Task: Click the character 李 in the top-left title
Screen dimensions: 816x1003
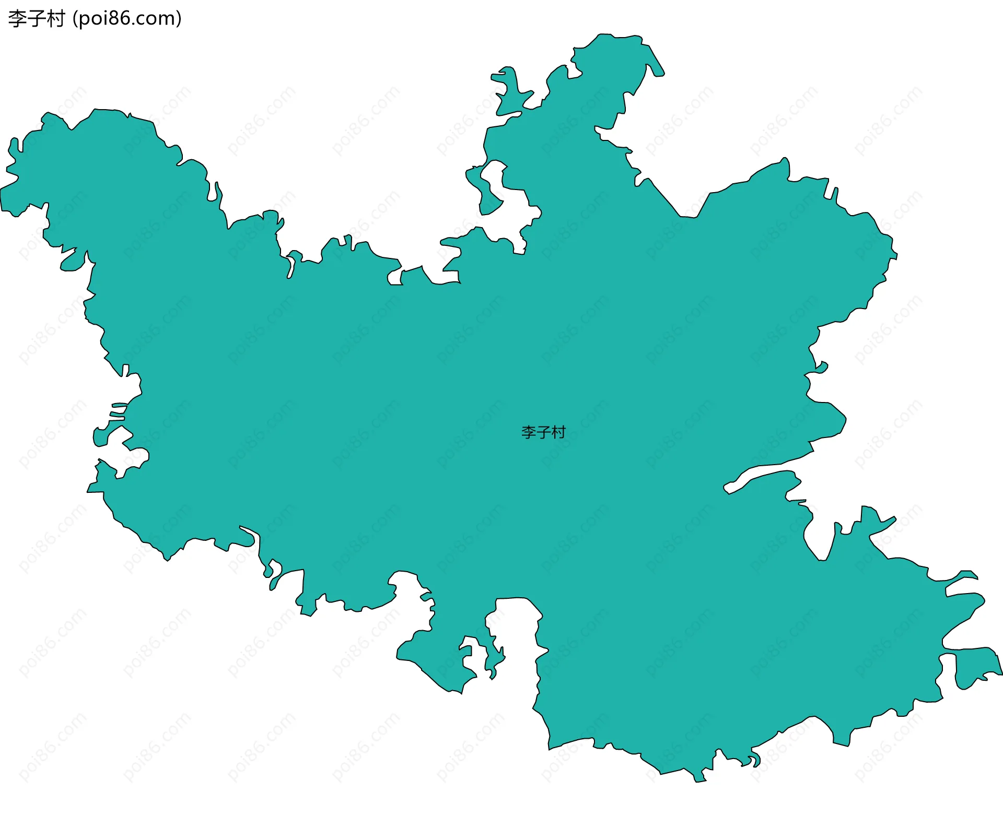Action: pyautogui.click(x=17, y=19)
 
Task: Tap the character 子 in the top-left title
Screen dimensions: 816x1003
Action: pyautogui.click(x=36, y=19)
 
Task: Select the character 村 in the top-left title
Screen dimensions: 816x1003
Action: pyautogui.click(x=55, y=19)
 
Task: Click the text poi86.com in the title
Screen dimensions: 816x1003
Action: pyautogui.click(x=127, y=19)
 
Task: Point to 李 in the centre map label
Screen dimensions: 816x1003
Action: pyautogui.click(x=529, y=432)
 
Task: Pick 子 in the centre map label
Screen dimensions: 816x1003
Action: pyautogui.click(x=543, y=432)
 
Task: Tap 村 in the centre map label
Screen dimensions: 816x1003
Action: pyautogui.click(x=558, y=432)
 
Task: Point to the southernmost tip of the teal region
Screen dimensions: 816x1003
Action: pyautogui.click(x=699, y=779)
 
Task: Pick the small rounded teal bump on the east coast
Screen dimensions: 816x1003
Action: pyautogui.click(x=821, y=368)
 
